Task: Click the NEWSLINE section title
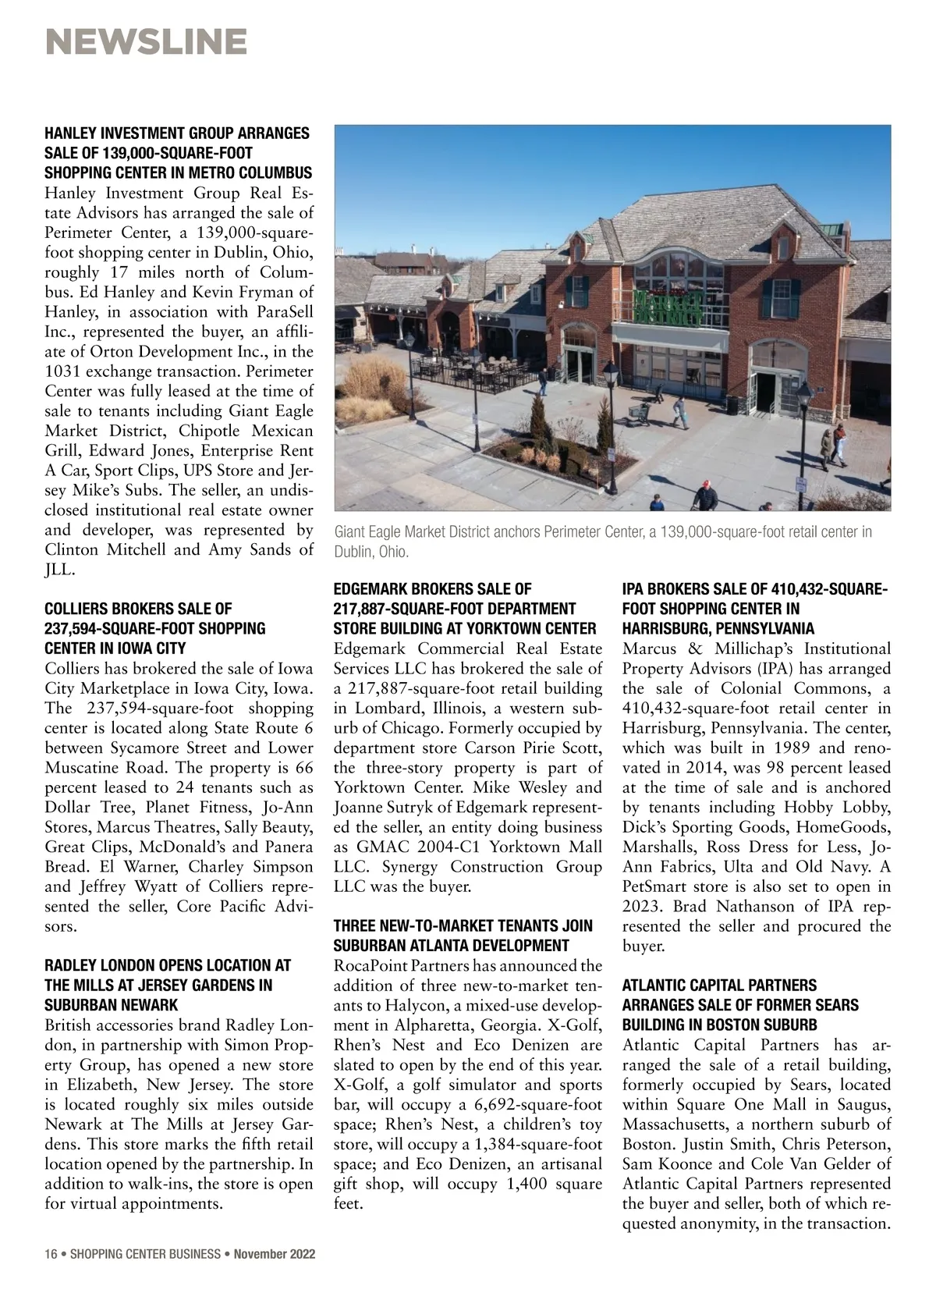[x=147, y=42]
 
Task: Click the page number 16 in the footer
[x=51, y=1254]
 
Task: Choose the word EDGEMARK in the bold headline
[x=370, y=589]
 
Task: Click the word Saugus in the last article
[x=865, y=1105]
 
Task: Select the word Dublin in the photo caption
[x=353, y=552]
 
